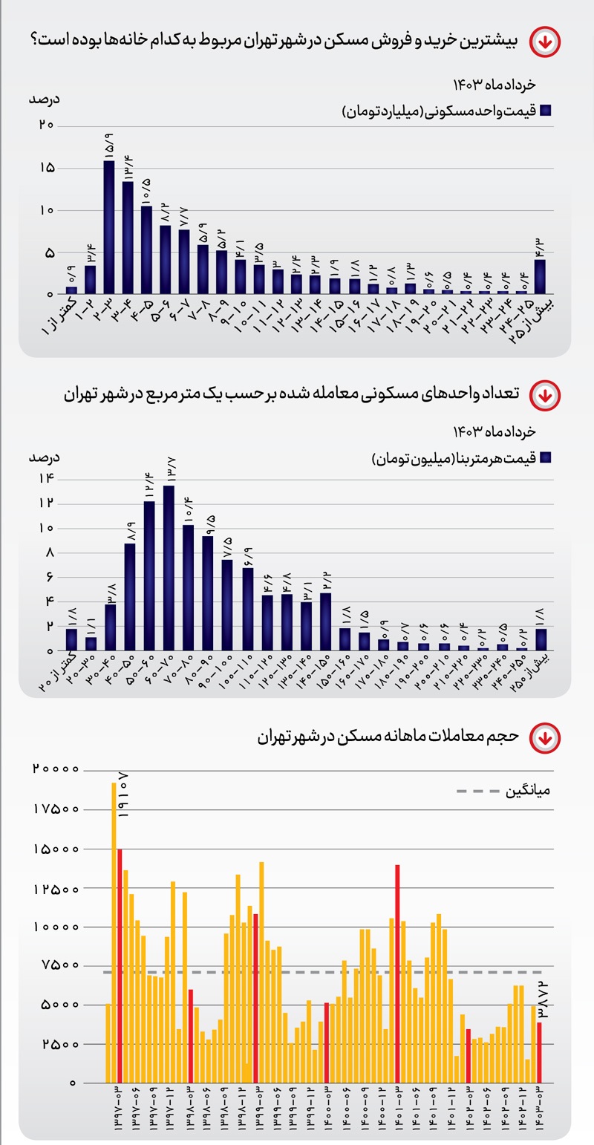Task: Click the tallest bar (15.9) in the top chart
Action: pos(109,226)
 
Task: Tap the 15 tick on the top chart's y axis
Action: pos(45,168)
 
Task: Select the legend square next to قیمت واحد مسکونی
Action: pos(546,111)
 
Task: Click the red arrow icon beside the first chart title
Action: pos(545,42)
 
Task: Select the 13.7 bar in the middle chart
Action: pos(169,567)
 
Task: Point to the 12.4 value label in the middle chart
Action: pos(149,488)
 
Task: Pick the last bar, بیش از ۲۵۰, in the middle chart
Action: pos(541,639)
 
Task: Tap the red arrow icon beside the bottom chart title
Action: pos(545,738)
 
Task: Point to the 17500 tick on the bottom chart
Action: pos(56,809)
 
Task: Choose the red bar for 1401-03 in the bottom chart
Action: pos(398,973)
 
